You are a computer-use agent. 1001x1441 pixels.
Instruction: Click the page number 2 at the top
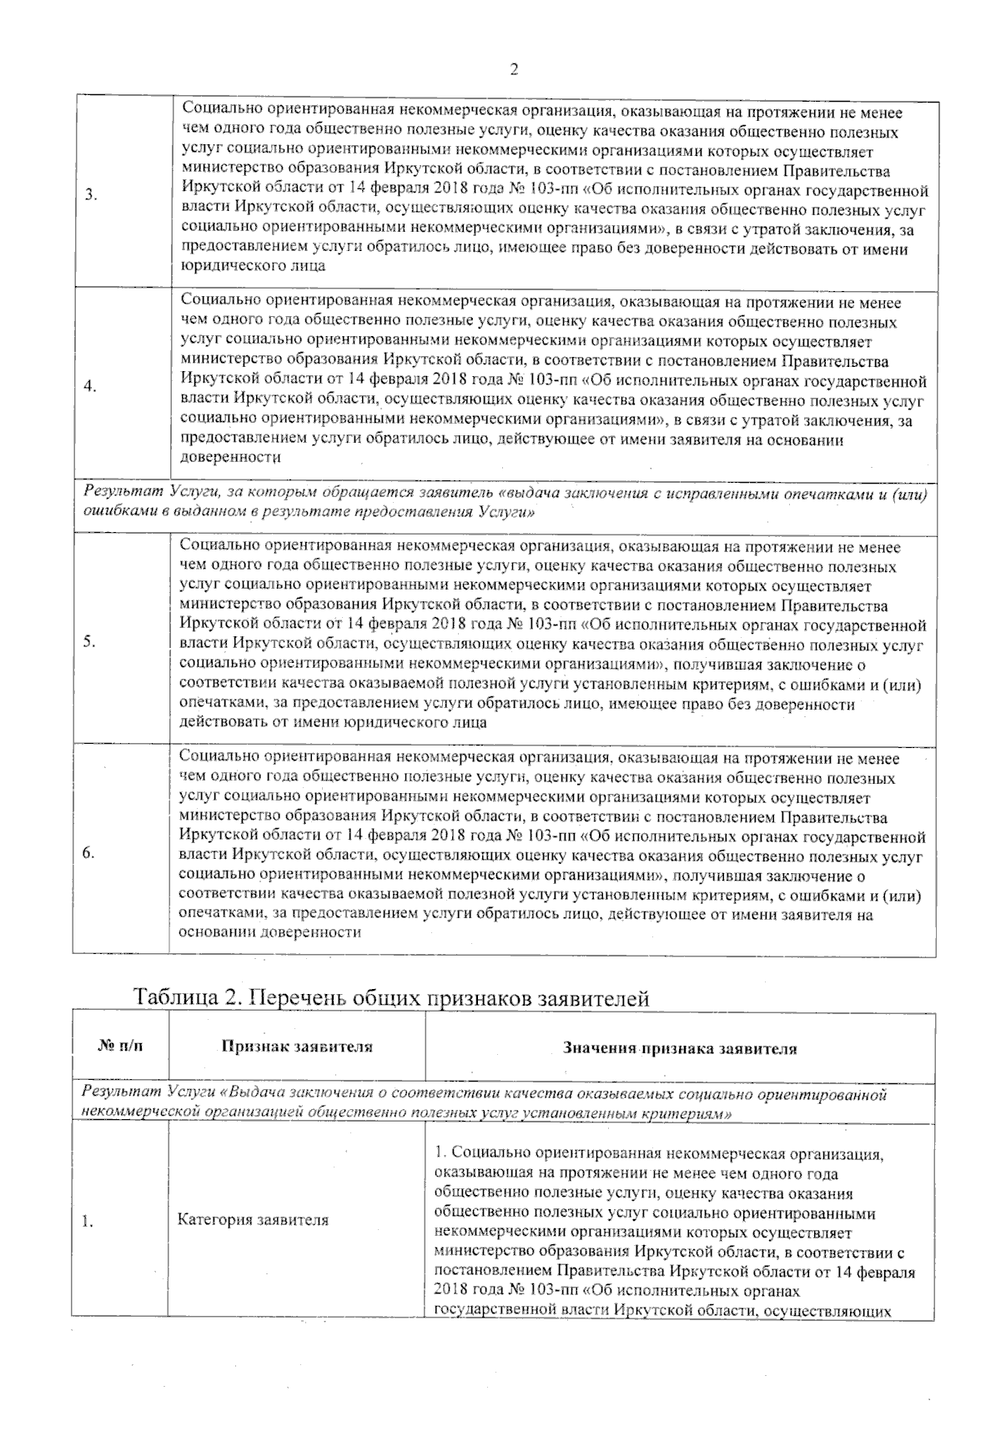(x=514, y=70)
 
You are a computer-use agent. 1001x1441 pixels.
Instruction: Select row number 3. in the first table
(x=90, y=195)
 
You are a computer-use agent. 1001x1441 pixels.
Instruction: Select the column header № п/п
(x=119, y=1047)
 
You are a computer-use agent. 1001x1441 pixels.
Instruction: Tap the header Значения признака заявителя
(x=680, y=1048)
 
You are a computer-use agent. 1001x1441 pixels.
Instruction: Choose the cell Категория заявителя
(x=253, y=1220)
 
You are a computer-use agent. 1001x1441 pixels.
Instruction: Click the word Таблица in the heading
(x=176, y=998)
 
